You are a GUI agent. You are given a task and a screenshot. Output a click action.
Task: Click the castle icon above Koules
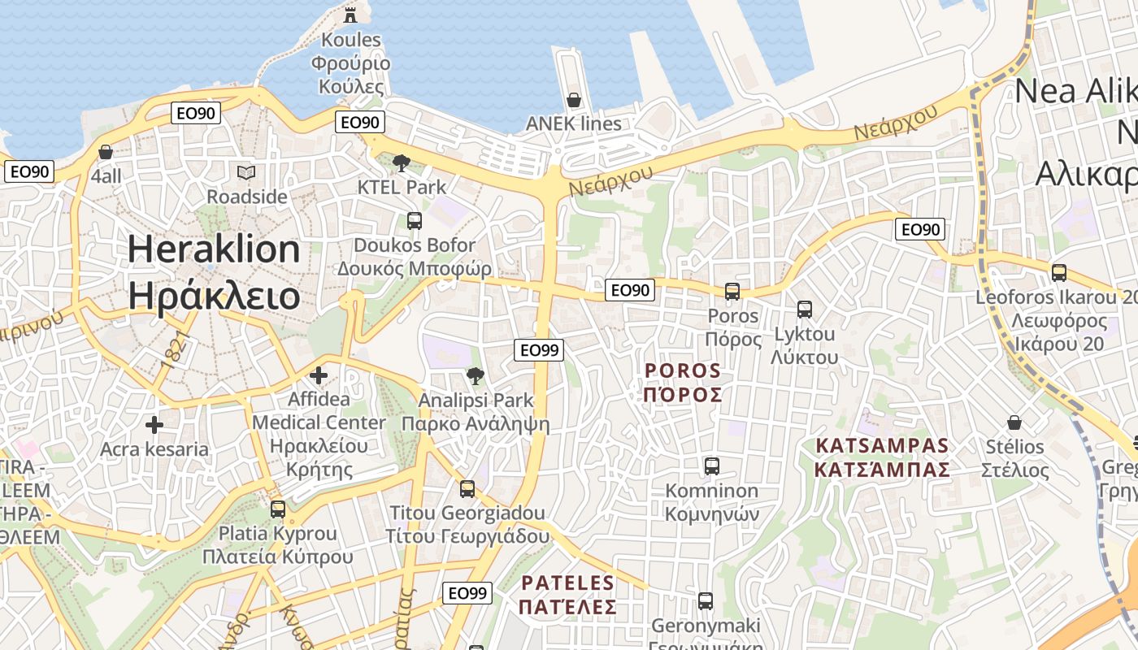coord(350,14)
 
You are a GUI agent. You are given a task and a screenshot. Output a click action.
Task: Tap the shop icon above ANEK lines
coord(574,100)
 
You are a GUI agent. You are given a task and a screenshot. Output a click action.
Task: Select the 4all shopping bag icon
coord(105,152)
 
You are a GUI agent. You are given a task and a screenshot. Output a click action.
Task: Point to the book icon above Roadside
coord(246,172)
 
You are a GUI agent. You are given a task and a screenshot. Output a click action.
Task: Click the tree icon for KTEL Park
coord(401,163)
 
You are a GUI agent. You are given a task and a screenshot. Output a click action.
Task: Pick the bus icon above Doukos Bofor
coord(414,220)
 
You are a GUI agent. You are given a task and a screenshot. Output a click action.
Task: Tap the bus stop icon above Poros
coord(732,292)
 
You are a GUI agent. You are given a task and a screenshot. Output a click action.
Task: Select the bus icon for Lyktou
coord(805,310)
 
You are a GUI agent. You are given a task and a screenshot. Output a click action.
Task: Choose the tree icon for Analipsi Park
coord(475,375)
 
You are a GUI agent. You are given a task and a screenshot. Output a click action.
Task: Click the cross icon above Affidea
coord(319,375)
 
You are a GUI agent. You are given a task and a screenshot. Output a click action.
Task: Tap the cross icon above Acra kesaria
coord(154,425)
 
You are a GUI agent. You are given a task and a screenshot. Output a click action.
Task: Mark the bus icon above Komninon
coord(712,466)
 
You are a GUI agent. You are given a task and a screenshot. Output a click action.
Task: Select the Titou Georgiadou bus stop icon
coord(467,489)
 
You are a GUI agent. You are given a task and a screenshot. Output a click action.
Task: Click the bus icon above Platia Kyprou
coord(278,509)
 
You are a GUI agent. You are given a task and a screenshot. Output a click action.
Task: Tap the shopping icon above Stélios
coord(1014,422)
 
